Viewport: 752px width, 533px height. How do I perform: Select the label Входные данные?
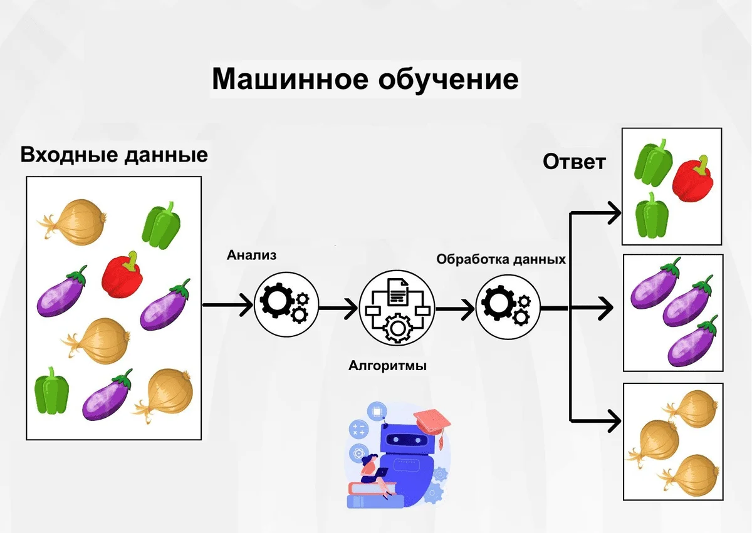114,154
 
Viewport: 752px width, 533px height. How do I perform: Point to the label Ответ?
574,162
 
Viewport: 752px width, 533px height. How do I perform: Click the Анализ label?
251,255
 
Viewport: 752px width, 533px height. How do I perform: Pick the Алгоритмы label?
387,365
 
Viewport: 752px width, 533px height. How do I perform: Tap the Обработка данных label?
501,259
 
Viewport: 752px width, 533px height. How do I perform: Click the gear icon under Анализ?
285,305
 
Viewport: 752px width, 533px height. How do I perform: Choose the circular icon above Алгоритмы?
397,308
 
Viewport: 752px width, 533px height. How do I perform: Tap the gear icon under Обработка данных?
507,306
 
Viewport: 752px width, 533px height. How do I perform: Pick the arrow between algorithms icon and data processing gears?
455,308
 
